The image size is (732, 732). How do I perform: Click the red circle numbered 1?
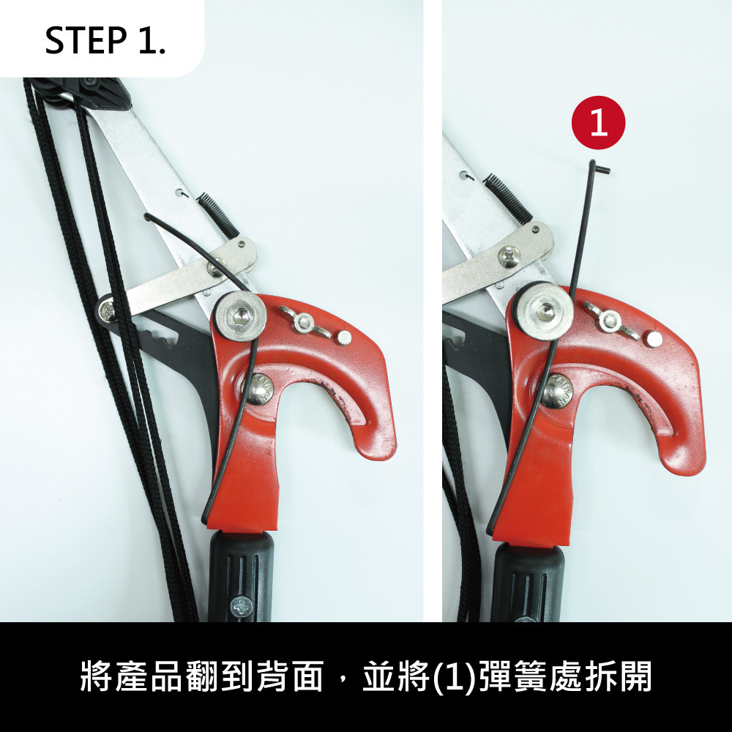point(598,123)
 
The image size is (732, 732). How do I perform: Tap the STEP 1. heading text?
point(105,40)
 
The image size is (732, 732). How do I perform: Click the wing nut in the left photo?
point(305,322)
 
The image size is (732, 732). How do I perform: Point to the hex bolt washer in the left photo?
point(240,316)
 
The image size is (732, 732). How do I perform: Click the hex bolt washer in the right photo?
point(545,311)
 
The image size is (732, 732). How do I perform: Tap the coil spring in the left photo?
point(217,214)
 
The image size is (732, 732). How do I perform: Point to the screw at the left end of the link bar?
point(107,309)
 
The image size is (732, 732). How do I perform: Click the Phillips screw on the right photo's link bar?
point(509,256)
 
